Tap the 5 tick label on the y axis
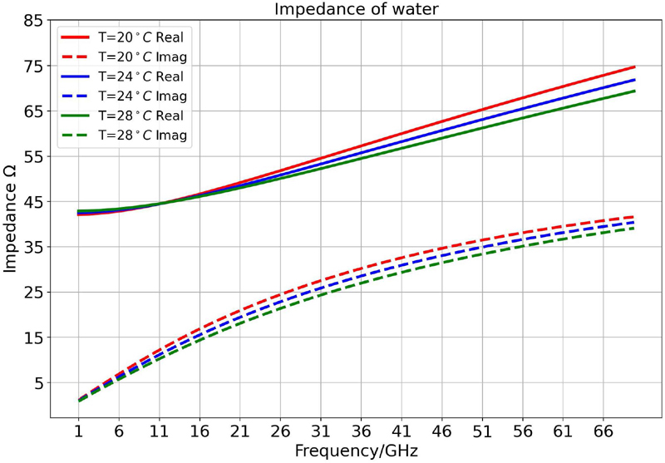[x=37, y=383]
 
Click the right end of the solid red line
[x=635, y=66]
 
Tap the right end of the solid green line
[x=635, y=91]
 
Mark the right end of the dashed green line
[x=635, y=228]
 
